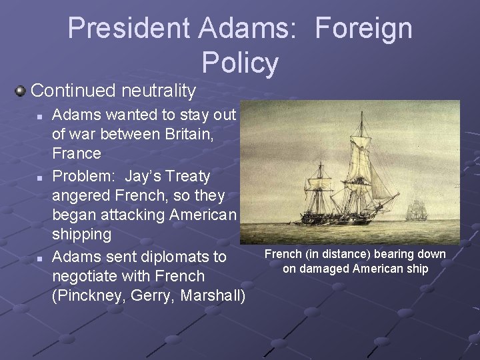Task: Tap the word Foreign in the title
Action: pyautogui.click(x=363, y=28)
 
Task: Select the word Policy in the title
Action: pyautogui.click(x=240, y=63)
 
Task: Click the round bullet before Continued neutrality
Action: pyautogui.click(x=21, y=90)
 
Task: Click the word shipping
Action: pyautogui.click(x=81, y=235)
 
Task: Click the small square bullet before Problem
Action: pyautogui.click(x=40, y=178)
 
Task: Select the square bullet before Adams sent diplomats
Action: pyautogui.click(x=40, y=258)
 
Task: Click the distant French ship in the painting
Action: pyautogui.click(x=417, y=209)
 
